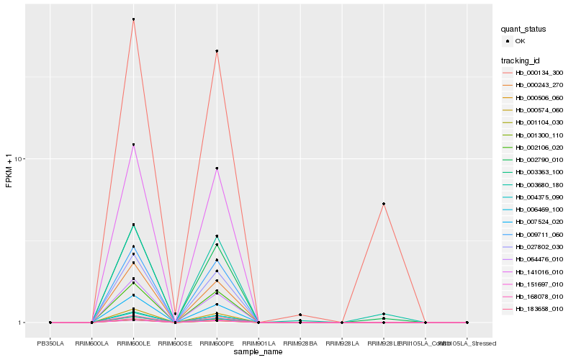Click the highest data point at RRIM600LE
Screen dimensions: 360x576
133,19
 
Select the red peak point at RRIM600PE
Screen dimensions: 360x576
217,51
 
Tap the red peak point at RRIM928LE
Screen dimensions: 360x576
384,204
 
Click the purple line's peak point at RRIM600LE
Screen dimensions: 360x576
133,145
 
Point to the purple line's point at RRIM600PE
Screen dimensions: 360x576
217,168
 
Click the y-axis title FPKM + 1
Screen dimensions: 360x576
9,171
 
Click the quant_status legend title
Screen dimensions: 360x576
523,30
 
